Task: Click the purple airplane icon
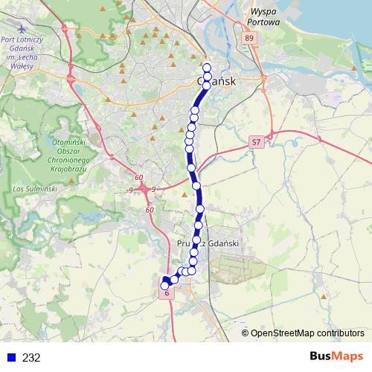coord(65,29)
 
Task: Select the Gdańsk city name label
coord(217,80)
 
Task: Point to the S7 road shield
coord(257,141)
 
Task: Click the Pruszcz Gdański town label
coord(208,243)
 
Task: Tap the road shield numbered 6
coord(167,294)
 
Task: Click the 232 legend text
coord(31,357)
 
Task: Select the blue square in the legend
coord(11,357)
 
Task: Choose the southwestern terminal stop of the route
coord(165,284)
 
